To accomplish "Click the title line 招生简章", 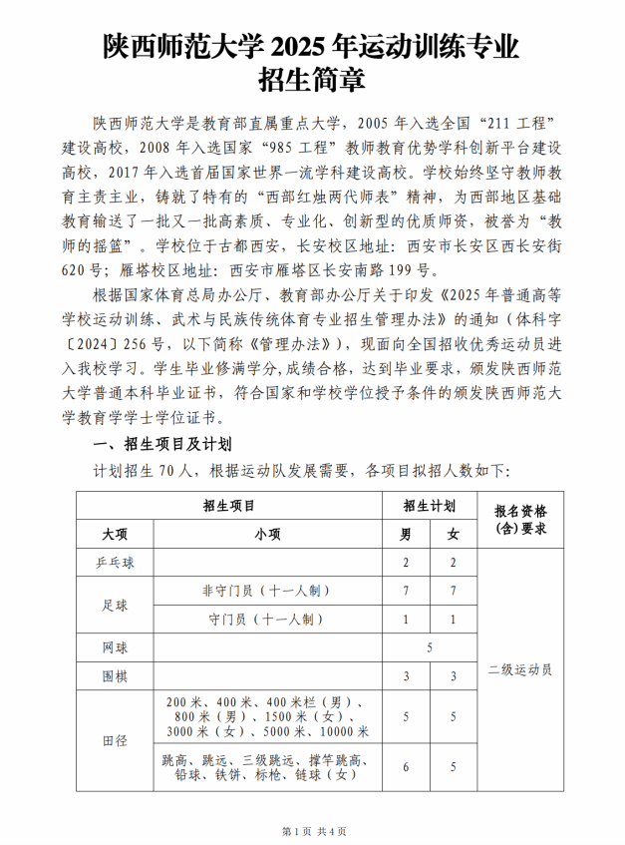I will pos(311,78).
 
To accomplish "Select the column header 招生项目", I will pos(228,506).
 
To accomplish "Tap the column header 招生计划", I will pos(430,506).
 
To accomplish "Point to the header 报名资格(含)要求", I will pos(520,519).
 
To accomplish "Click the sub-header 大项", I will pos(115,534).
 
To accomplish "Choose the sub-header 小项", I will pos(267,534).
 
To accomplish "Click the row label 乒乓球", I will pos(115,564).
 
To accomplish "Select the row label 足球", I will pos(115,606).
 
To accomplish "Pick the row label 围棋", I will pos(115,677).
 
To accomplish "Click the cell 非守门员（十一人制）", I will pos(267,592).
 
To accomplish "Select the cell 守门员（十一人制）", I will pos(267,620).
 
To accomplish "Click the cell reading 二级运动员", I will pos(520,669).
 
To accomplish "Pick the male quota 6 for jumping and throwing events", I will pos(406,767).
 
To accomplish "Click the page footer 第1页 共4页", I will pos(312,830).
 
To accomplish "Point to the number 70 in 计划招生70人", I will pos(166,469).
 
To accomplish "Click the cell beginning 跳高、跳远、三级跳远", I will pos(267,767).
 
